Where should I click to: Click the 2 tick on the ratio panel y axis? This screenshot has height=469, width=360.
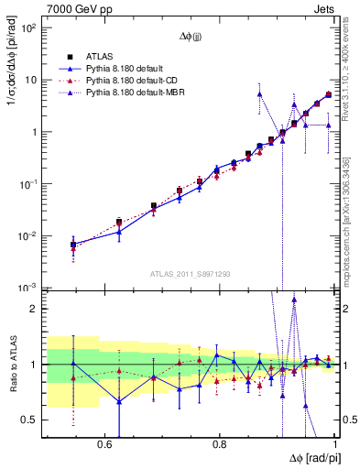[34, 309]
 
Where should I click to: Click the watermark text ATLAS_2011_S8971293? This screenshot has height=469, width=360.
[190, 273]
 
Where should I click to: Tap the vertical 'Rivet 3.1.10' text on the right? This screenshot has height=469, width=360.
[345, 73]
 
